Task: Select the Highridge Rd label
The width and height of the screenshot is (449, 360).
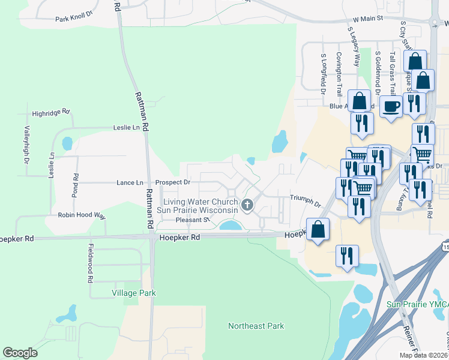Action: tap(52, 112)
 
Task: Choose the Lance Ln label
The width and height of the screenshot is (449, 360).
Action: tap(130, 182)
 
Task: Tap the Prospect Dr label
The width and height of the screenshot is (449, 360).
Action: tap(172, 182)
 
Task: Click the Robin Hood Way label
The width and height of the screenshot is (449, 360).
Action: tap(82, 215)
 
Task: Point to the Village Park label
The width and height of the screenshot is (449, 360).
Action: tap(134, 293)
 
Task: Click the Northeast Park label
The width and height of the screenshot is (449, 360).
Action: tap(256, 326)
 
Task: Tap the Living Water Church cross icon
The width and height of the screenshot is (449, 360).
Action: tap(247, 206)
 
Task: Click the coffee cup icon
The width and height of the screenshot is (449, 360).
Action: tap(391, 106)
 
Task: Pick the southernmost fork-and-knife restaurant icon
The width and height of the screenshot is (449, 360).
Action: tap(347, 255)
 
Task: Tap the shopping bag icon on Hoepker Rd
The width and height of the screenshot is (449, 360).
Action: tap(318, 229)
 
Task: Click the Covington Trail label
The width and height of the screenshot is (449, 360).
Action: tap(339, 74)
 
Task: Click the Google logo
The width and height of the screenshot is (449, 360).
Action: tap(20, 353)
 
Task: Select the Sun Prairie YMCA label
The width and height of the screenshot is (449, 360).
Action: tap(417, 305)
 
